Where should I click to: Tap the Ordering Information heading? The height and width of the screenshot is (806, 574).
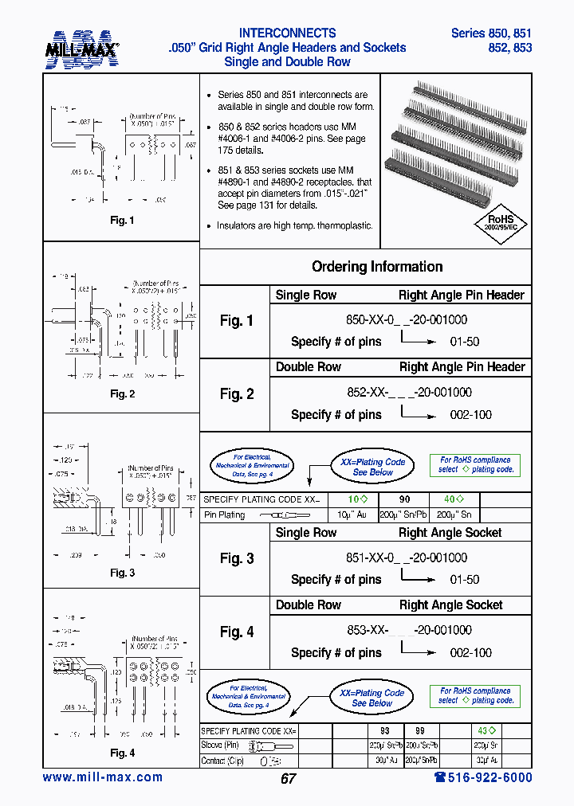point(377,267)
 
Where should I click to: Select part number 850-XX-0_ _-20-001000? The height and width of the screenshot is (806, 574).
point(407,320)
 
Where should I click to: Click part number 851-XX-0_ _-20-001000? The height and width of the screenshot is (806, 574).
point(407,558)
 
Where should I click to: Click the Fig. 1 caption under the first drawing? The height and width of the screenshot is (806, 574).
point(122,221)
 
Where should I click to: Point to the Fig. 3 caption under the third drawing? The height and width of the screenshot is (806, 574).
point(122,573)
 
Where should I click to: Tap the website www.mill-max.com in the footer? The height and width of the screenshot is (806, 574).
point(103,777)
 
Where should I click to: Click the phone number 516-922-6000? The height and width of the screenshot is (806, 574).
point(482,777)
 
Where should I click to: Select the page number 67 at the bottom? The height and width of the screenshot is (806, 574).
point(288,778)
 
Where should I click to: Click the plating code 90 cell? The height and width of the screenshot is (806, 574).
point(404,499)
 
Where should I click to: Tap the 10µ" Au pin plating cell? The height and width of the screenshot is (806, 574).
point(351,515)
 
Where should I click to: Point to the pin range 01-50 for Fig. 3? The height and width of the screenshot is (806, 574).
point(465,580)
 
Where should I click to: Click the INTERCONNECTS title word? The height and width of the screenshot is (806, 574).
point(288,33)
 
